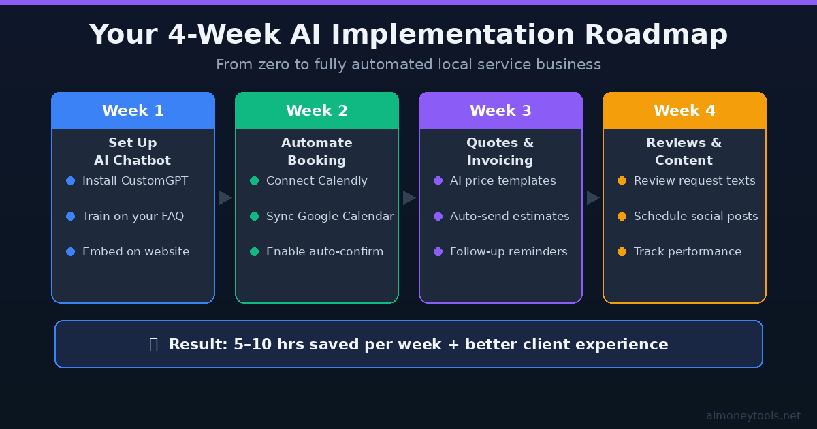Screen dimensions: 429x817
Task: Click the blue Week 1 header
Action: coord(133,111)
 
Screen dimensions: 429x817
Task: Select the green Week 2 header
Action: coord(317,111)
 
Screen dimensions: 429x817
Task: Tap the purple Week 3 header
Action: coord(500,111)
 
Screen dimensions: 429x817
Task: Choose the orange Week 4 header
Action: coord(684,111)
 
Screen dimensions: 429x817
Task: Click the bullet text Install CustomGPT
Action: coord(135,181)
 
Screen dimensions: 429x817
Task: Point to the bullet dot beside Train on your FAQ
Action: coord(70,217)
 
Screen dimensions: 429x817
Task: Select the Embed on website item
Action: coord(135,252)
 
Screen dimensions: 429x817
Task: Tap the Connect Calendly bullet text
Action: coord(317,181)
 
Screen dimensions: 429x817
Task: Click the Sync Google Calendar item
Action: coord(330,217)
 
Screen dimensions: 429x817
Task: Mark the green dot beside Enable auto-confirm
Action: coord(254,252)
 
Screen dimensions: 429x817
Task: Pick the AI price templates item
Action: coord(502,181)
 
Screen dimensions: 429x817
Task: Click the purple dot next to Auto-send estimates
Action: coord(438,217)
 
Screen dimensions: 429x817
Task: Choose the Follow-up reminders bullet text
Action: coord(509,252)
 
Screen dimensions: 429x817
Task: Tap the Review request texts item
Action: coord(694,181)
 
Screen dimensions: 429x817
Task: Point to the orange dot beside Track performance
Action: coord(622,252)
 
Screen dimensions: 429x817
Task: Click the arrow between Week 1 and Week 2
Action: coord(225,197)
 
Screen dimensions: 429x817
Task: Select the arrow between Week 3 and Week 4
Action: coord(593,197)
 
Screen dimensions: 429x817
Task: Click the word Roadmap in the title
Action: coord(656,35)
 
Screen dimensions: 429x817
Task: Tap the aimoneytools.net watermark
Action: coord(753,415)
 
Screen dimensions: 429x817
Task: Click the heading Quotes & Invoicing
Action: coord(500,152)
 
